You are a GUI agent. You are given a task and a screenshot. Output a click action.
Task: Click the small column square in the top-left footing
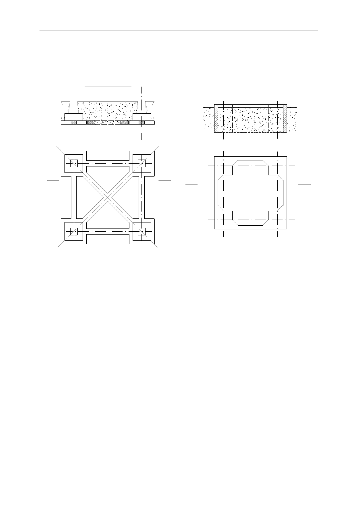[74, 163]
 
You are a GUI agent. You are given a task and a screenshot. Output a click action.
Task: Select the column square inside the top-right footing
[142, 163]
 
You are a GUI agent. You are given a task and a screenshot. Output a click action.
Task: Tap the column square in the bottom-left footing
[74, 231]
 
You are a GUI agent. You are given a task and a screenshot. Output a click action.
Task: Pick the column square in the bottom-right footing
[142, 231]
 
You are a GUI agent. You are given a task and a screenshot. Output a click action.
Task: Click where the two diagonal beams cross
[108, 197]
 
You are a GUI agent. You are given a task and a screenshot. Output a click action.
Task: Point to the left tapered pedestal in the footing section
[73, 107]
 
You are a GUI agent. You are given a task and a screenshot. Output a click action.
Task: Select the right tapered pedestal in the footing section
[142, 107]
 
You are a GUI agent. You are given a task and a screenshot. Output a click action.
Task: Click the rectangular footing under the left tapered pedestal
[74, 117]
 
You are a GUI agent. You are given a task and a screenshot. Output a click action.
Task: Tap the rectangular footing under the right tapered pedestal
[142, 117]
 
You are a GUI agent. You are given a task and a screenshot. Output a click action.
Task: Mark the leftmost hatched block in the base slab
[73, 123]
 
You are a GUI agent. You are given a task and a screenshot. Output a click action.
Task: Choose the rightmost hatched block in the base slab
[142, 123]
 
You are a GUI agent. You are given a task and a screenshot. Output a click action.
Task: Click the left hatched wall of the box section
[216, 118]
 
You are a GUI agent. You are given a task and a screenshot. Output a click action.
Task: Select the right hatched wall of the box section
[285, 118]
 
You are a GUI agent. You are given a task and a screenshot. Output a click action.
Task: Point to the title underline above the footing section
[108, 86]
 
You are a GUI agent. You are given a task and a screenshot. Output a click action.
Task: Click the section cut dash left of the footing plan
[53, 181]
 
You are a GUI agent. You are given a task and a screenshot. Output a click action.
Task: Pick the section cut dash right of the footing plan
[164, 181]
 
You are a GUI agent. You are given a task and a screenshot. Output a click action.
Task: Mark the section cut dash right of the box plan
[305, 184]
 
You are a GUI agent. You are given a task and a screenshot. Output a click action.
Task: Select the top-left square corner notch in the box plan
[228, 170]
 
